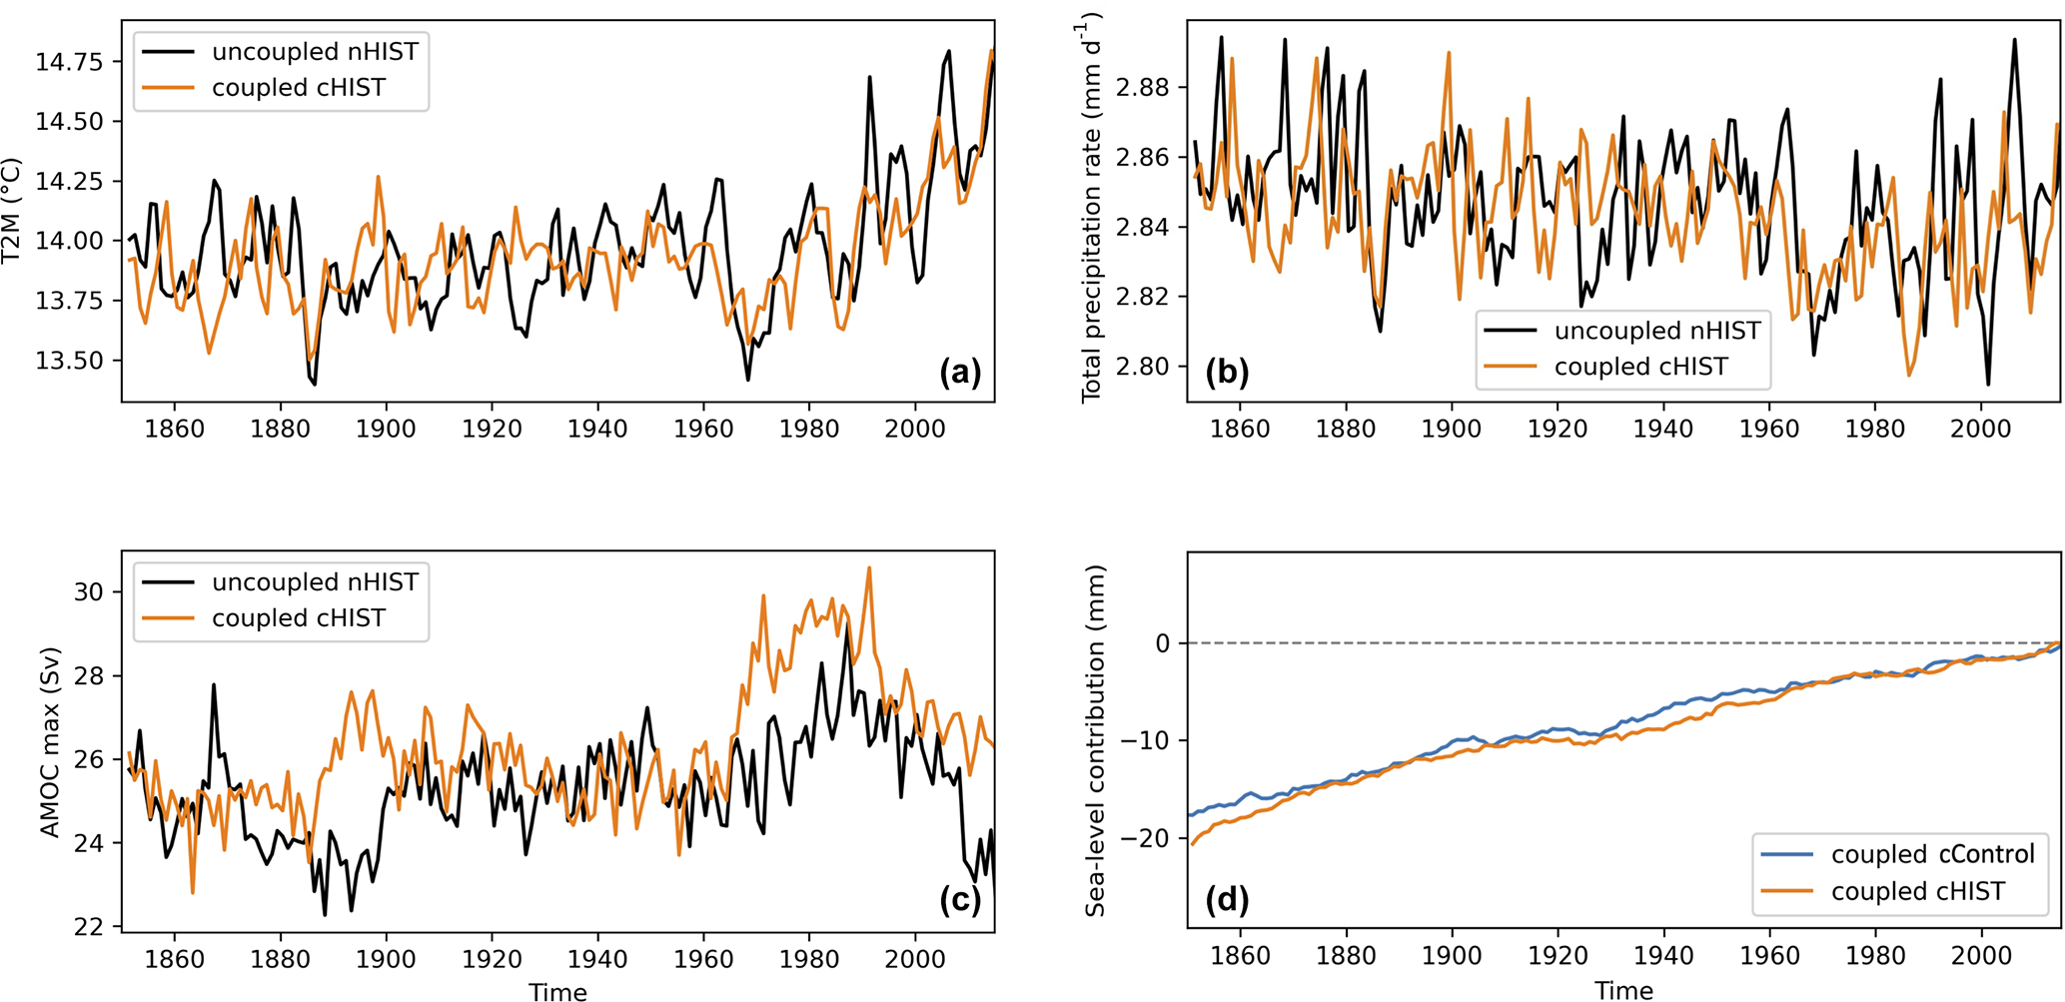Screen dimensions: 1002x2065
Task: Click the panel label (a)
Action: tap(960, 373)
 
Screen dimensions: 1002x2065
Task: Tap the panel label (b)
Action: tap(1227, 373)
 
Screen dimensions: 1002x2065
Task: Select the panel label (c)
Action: tap(960, 901)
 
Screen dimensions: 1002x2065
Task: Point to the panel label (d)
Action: tap(1227, 901)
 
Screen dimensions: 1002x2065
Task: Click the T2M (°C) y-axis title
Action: tap(12, 210)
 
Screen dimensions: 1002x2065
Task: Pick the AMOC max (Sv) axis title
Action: tap(50, 742)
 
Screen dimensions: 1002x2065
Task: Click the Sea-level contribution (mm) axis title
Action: tap(1096, 740)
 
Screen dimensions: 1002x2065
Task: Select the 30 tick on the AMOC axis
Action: tap(89, 591)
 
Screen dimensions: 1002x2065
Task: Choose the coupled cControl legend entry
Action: tap(1932, 854)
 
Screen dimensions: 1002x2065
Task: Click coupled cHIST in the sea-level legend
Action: tap(1917, 891)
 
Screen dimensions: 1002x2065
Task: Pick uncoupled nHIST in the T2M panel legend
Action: tap(315, 52)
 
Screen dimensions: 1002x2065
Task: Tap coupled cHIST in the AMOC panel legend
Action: tap(298, 618)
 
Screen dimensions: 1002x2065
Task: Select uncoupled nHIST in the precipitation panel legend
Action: tap(1657, 331)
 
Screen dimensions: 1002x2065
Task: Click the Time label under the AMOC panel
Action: tap(557, 991)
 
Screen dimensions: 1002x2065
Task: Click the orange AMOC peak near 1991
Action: tap(869, 567)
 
